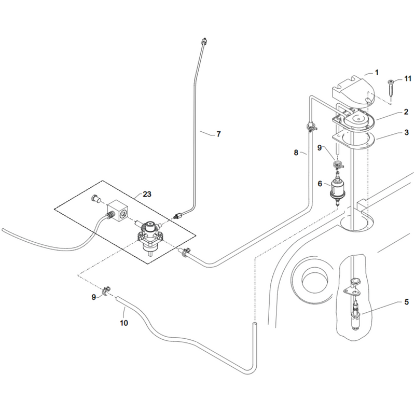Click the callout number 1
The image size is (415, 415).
[x=377, y=72]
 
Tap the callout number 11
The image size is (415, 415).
[x=408, y=78]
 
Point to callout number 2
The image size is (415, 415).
[x=406, y=112]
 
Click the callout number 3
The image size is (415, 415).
[x=407, y=132]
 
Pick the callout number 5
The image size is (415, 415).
[x=407, y=302]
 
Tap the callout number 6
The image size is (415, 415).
[x=320, y=184]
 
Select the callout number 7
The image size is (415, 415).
[x=218, y=134]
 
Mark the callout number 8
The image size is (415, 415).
[x=296, y=153]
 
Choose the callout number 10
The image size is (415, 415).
[x=124, y=323]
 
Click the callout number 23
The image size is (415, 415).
[x=147, y=194]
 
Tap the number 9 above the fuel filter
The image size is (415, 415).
[x=320, y=148]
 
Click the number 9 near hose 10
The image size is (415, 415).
[x=94, y=297]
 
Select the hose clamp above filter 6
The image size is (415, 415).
[x=338, y=164]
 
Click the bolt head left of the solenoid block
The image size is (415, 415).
[x=95, y=199]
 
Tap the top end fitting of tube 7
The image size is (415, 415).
[x=204, y=41]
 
